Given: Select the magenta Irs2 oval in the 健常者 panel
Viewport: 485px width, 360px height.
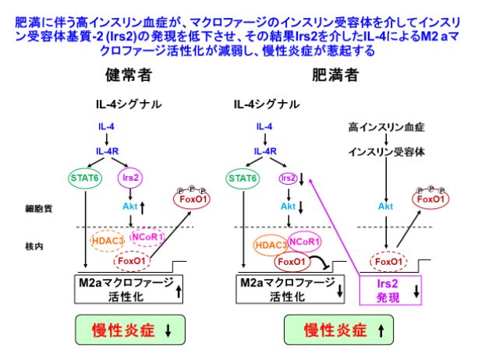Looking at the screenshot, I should tap(129, 178).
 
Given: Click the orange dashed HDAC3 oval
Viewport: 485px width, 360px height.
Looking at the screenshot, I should tap(107, 242).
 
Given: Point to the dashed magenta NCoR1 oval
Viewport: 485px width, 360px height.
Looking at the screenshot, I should tap(147, 236).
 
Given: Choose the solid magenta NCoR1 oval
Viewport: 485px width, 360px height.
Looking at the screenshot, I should tap(306, 241).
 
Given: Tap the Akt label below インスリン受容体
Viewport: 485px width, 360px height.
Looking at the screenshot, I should tap(384, 206).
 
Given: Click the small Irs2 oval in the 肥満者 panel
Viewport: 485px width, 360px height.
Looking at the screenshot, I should tap(289, 178).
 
